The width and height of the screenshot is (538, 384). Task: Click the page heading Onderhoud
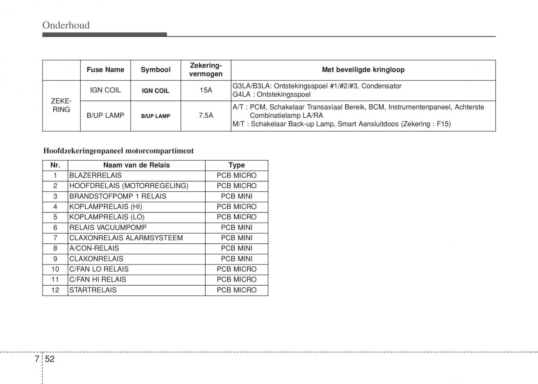pos(66,25)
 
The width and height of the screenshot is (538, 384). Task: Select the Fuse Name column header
pos(105,70)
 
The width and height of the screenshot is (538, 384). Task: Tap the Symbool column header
pos(156,70)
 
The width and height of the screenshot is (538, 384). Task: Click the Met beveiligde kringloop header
pos(363,70)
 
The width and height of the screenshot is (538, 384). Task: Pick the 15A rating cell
pos(206,90)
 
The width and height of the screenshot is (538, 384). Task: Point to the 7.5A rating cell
pos(206,115)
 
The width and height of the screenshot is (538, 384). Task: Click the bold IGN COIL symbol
pos(156,91)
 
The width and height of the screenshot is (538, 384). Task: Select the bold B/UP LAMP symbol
pos(156,116)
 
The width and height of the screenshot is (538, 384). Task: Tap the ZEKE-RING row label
pos(61,106)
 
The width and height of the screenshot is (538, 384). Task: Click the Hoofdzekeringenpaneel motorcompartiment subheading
pos(118,151)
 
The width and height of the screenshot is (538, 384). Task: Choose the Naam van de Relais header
pos(136,165)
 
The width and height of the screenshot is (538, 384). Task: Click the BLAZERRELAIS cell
pos(95,175)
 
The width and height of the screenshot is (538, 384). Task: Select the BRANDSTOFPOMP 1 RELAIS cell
pos(117,196)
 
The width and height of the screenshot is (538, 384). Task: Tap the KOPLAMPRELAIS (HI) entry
pos(105,207)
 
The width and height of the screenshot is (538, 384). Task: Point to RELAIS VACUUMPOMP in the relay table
pos(108,227)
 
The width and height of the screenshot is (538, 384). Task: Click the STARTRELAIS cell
pos(93,290)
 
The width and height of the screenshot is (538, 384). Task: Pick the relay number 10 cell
pos(55,269)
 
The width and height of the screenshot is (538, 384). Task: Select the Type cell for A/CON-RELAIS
pos(236,248)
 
